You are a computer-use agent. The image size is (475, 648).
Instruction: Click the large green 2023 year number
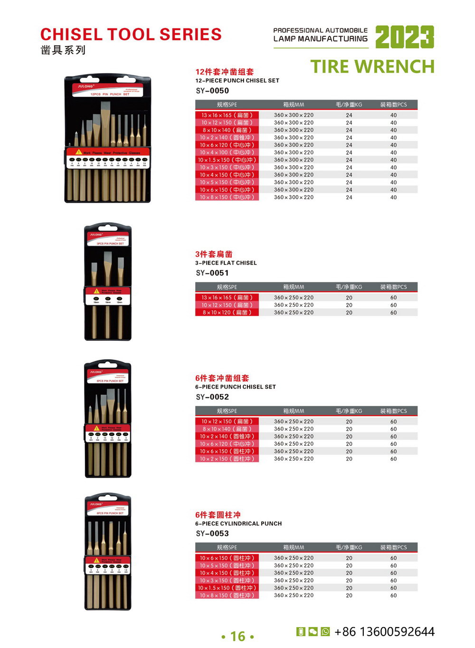404,37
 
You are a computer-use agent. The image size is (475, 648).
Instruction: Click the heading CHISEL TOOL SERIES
131,35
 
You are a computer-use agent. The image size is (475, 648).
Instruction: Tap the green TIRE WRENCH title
372,67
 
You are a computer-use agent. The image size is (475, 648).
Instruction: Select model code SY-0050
212,91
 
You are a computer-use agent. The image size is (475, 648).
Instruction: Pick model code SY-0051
212,273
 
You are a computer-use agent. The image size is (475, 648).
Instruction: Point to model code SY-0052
212,397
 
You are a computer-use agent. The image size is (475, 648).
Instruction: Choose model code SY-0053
212,534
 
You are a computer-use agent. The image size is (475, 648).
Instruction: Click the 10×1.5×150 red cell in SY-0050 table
227,160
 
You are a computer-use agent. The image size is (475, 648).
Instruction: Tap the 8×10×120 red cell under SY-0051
227,313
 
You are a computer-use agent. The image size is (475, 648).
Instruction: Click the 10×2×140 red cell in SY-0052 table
227,437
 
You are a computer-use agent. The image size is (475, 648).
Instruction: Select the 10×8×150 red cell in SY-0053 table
227,596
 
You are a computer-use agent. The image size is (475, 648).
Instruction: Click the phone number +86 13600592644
384,632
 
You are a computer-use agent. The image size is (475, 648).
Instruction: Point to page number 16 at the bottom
237,637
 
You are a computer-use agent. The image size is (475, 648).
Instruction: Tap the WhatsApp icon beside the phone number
325,631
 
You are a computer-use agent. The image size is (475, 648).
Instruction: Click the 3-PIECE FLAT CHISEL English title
226,263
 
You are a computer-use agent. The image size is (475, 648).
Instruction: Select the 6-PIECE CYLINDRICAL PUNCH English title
238,524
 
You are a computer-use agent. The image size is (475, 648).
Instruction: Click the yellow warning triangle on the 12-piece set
79,152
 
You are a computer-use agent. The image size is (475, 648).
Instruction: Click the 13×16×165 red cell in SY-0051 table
227,298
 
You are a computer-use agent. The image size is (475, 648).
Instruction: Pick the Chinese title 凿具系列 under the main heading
63,50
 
